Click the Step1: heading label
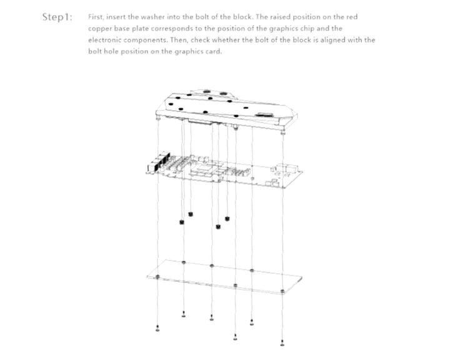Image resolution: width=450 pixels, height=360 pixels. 57,17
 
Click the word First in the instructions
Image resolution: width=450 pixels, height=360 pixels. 96,17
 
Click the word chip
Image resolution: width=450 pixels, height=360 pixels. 307,28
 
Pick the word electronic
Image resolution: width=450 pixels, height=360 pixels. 104,40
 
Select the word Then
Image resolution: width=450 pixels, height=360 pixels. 179,39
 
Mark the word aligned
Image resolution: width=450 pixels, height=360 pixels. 332,40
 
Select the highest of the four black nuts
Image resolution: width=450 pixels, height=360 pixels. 190,214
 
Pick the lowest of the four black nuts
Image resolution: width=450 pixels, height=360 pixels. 218,227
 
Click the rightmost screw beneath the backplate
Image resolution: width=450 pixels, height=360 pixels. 282,342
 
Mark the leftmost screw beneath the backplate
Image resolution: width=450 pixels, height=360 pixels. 157,329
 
